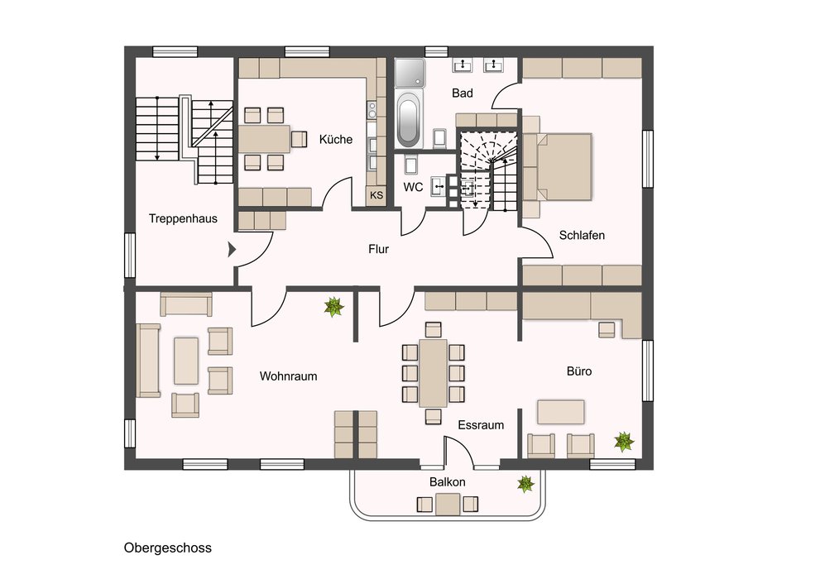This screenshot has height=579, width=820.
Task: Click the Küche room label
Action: coord(336,140)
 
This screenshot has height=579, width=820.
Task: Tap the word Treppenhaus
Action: coord(183,219)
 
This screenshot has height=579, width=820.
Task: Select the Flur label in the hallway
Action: coord(379,249)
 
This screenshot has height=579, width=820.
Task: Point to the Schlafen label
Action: coord(582,235)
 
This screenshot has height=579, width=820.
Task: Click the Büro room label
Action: coord(579,371)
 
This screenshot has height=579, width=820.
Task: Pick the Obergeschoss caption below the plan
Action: coord(168,548)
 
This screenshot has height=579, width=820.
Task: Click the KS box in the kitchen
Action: coord(376,195)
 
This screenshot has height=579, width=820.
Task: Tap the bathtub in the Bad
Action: coord(408,119)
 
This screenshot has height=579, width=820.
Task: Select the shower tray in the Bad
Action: coord(410,73)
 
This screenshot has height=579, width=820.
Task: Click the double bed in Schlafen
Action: coord(563,167)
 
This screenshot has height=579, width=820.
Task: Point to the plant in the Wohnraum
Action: coord(333,307)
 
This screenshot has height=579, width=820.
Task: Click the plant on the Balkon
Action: coord(525,483)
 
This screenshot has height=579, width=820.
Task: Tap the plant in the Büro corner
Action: coord(624,442)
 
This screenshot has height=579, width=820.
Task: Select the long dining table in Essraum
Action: coord(433,373)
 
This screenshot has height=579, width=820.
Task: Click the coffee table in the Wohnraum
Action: coord(186,361)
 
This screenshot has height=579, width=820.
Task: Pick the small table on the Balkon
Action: coord(448,505)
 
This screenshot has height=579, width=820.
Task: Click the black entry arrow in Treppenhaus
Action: coord(232,250)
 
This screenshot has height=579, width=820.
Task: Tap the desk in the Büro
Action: coord(561,412)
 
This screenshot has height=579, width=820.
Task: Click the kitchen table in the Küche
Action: coord(265,138)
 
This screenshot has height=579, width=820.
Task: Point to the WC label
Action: coord(413,187)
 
